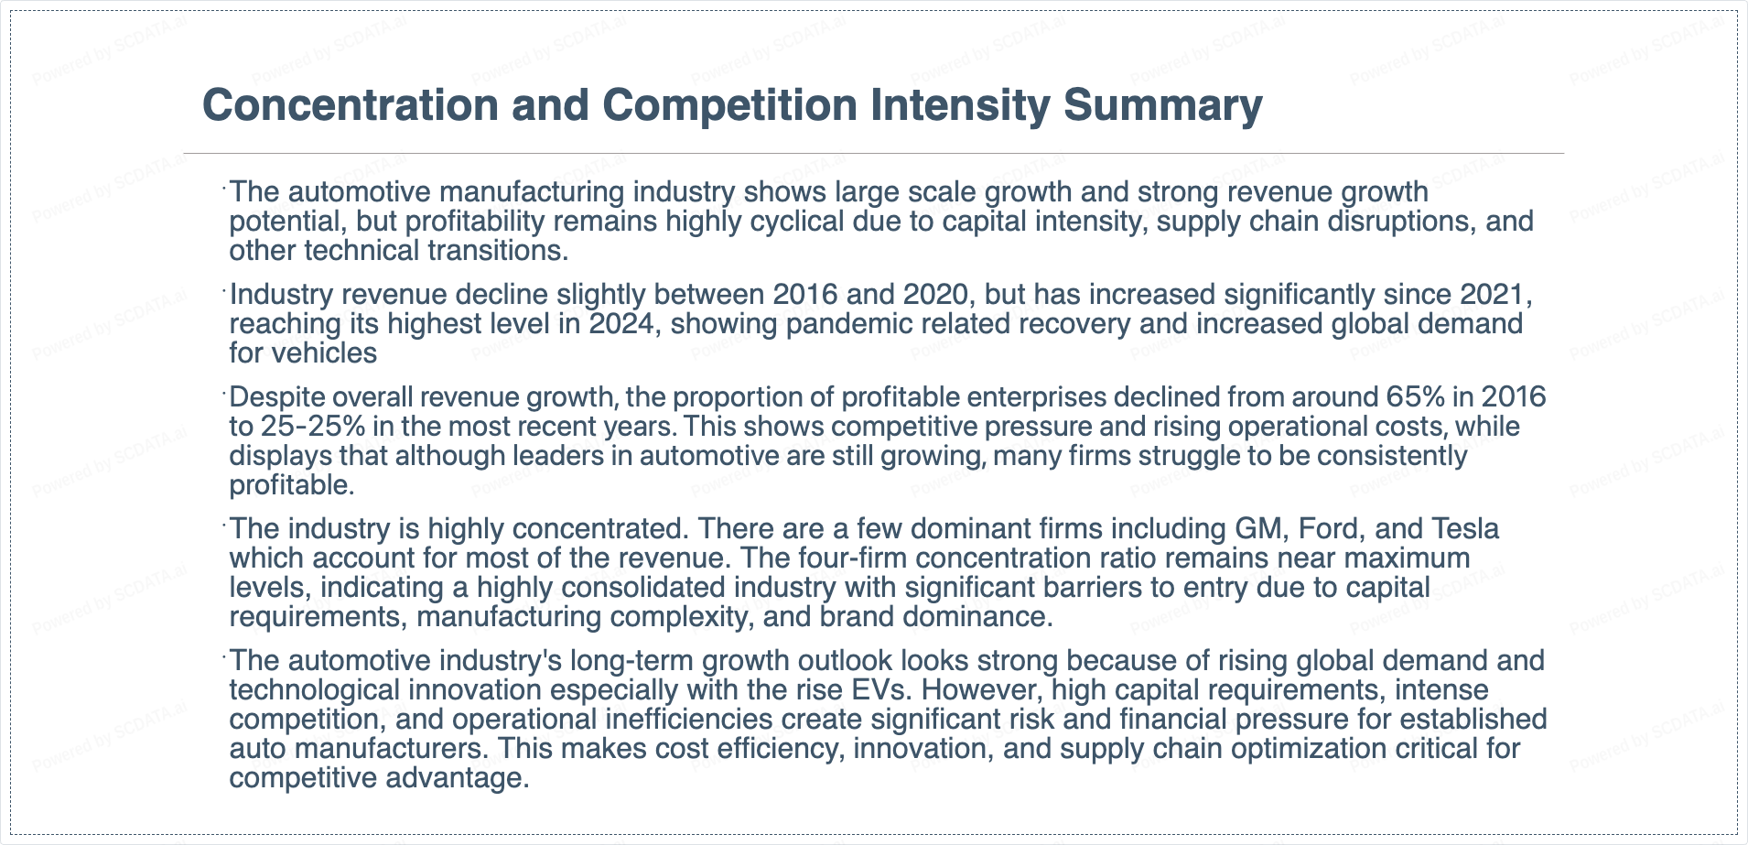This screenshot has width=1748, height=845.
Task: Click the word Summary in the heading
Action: [x=1162, y=105]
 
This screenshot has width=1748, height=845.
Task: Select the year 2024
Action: [x=621, y=324]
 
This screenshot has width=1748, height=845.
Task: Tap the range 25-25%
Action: [x=312, y=427]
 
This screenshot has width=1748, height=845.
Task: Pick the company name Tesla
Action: [x=1465, y=529]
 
